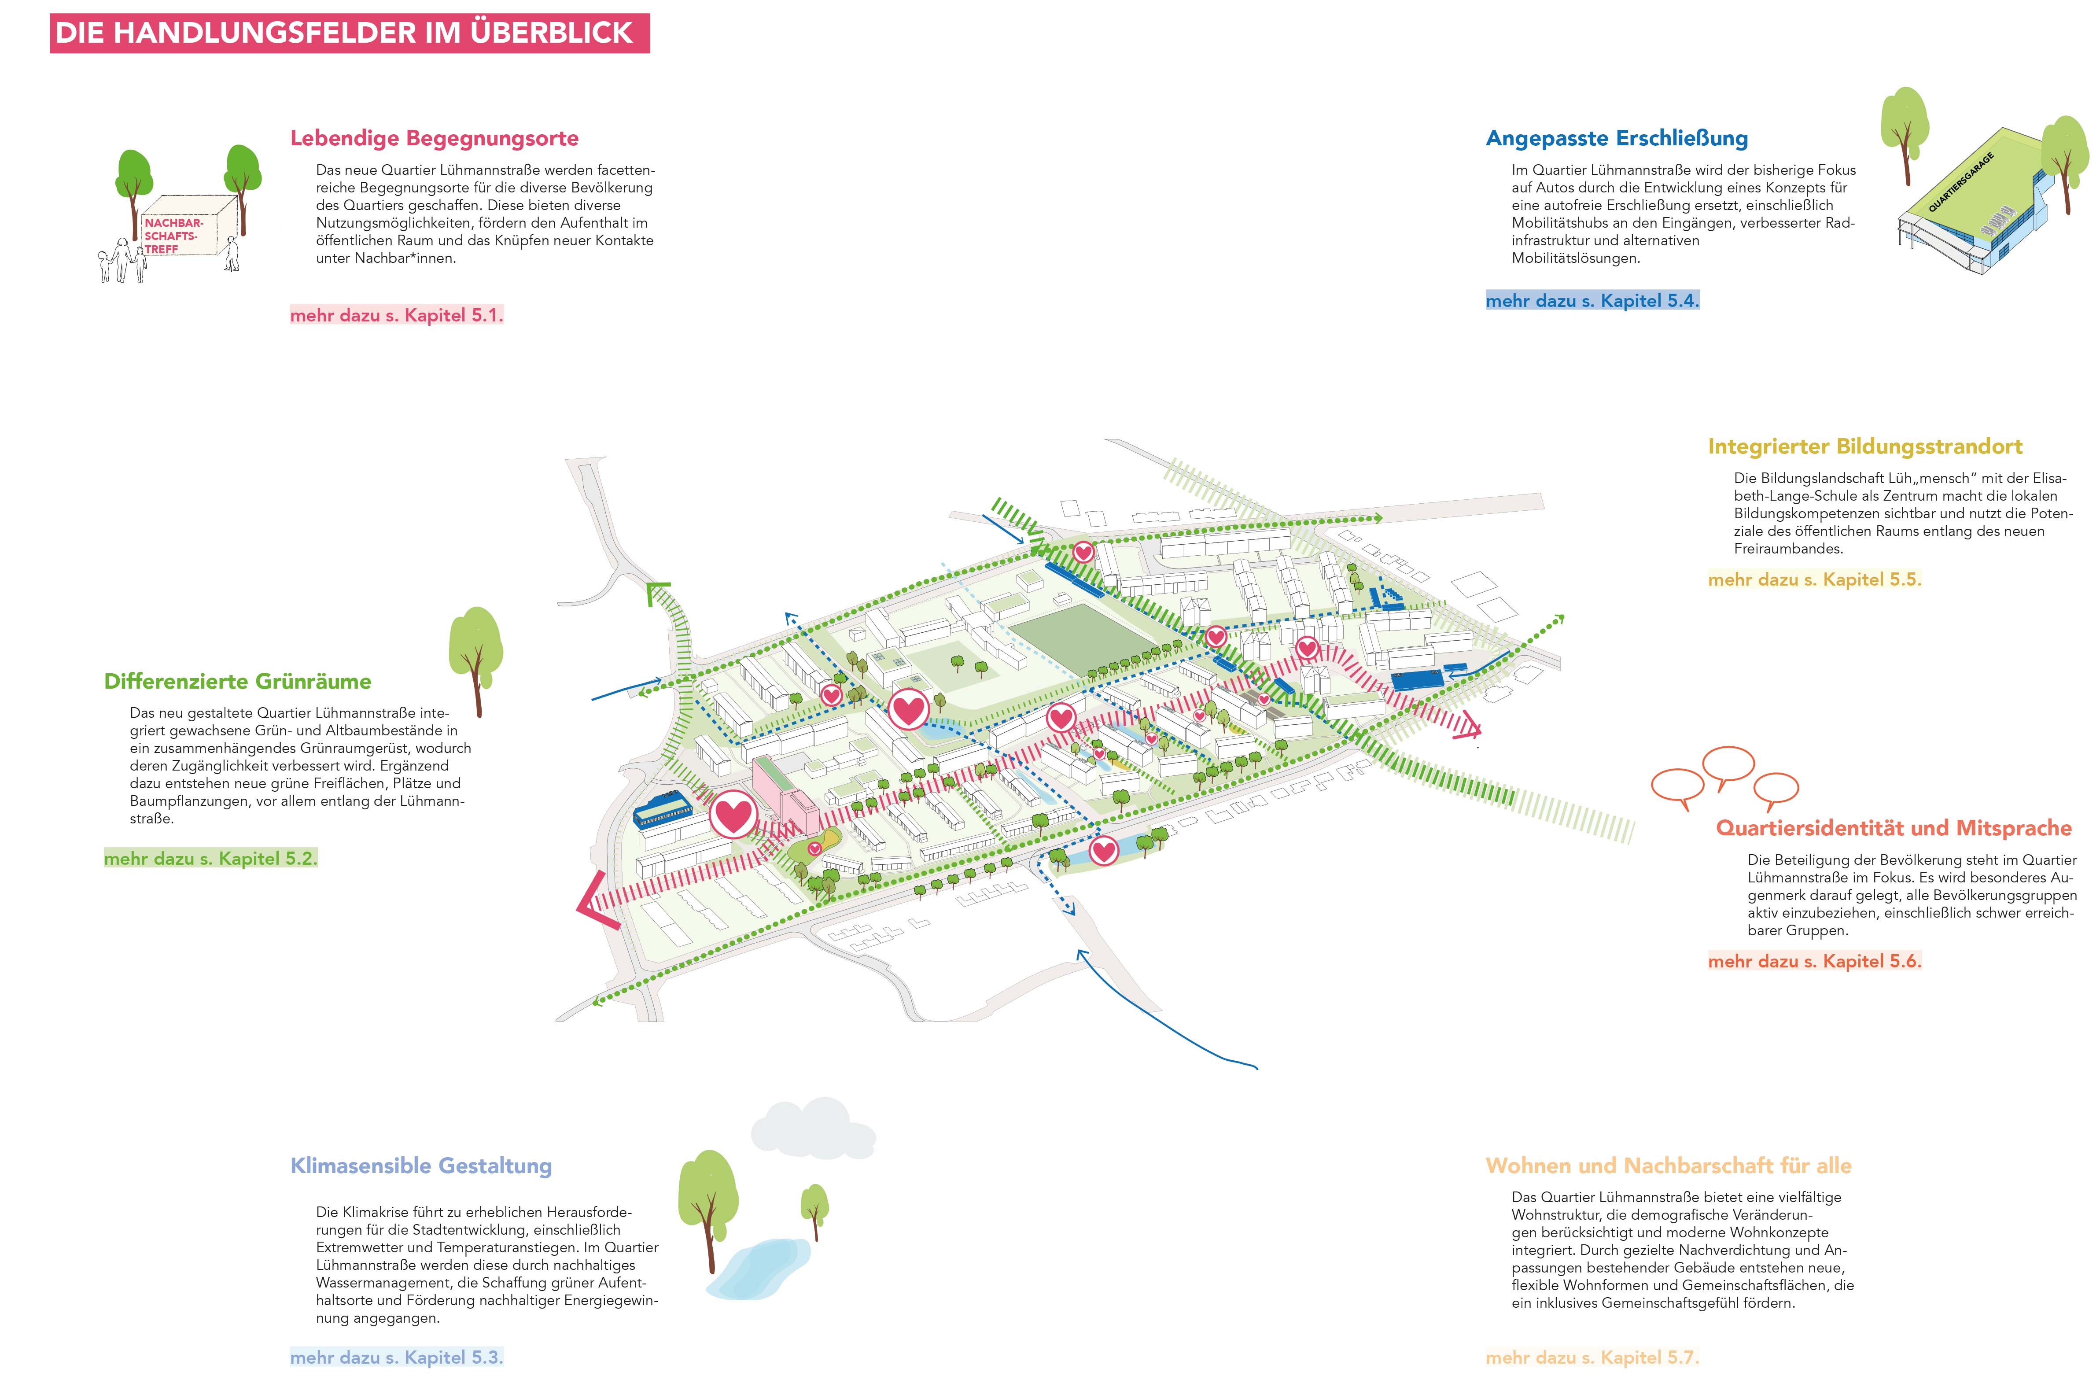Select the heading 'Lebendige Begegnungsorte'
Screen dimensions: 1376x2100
pyautogui.click(x=434, y=139)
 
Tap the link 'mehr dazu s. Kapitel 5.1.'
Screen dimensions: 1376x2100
pyautogui.click(x=396, y=315)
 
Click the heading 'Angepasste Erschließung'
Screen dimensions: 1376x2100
pyautogui.click(x=1617, y=139)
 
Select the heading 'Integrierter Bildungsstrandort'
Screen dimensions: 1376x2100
pyautogui.click(x=1864, y=446)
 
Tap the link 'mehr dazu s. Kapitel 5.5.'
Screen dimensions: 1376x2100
pyautogui.click(x=1814, y=580)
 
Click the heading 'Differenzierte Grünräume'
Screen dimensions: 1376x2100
pyautogui.click(x=237, y=681)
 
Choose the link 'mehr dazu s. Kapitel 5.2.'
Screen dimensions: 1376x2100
pyautogui.click(x=210, y=858)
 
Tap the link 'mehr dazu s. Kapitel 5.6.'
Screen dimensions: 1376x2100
pyautogui.click(x=1814, y=961)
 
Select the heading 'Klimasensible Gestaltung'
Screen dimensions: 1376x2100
pyautogui.click(x=421, y=1166)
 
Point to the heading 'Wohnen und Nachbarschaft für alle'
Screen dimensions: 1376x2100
pyautogui.click(x=1668, y=1166)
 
